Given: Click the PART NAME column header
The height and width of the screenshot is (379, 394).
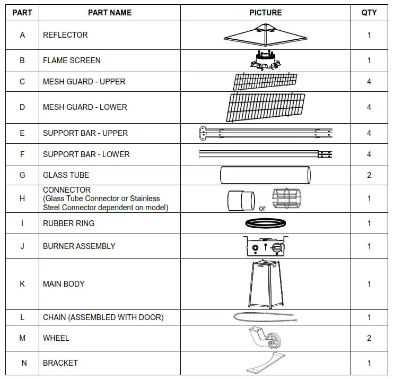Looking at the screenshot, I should tap(109, 13).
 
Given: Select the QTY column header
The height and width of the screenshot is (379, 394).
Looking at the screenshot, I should tap(369, 13).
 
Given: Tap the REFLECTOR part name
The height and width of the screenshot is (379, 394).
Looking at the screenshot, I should tap(65, 35).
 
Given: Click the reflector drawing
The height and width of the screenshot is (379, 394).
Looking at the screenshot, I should tap(265, 35).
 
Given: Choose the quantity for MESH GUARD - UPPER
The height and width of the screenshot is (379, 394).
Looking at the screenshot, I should tap(369, 82).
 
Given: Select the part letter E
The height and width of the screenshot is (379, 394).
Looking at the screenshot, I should tap(22, 133).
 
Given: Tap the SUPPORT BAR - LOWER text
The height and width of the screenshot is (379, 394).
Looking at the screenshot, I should tap(86, 154).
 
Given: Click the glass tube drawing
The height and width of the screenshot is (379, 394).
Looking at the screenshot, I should tap(265, 175).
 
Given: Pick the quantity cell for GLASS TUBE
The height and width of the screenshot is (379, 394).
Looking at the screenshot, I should tap(369, 175).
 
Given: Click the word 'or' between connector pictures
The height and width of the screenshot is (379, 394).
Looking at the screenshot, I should tap(262, 209).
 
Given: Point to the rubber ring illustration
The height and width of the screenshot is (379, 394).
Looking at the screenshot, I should tap(265, 223).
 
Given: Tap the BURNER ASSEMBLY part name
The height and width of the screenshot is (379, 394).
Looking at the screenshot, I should tap(79, 246).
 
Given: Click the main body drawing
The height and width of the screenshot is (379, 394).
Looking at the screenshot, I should tap(265, 284).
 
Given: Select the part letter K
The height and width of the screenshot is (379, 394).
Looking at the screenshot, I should tap(22, 284).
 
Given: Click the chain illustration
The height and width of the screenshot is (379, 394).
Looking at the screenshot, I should tap(264, 317).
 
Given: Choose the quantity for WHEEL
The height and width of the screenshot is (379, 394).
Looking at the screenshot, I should tap(369, 338).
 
